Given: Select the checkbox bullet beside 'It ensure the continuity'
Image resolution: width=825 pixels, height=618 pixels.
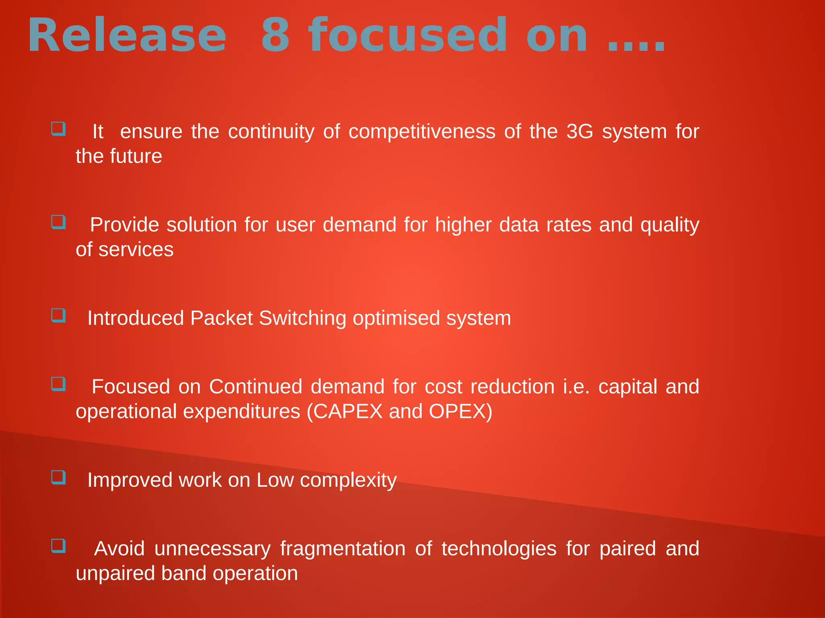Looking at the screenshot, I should coord(58,129).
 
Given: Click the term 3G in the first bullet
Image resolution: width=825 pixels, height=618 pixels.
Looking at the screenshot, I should coord(580,132).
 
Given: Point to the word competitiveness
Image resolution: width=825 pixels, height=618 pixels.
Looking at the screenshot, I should coord(422,132).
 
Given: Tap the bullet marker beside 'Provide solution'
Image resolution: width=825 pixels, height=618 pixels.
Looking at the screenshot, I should coord(58,222).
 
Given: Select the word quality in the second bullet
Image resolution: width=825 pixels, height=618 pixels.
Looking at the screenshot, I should coord(670,225).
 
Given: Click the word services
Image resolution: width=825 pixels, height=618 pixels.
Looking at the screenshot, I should coord(136,249).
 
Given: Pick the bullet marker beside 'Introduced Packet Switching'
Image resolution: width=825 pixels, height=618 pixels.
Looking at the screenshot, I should coord(58,315).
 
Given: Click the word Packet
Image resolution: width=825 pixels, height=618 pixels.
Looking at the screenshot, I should coord(222,318).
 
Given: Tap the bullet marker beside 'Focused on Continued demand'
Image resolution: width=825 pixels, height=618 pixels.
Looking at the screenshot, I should coord(58,384).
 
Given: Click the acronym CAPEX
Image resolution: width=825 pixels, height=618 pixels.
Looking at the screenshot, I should coord(348,412).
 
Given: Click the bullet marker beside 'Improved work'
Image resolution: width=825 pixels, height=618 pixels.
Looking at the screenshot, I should coord(58,477).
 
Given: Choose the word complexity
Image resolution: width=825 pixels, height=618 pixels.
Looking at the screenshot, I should coord(348,480).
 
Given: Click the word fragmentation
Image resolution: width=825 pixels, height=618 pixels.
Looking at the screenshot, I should coord(343,549).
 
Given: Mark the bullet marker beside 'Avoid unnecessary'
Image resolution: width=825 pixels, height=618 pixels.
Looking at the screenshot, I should coord(58,546).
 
